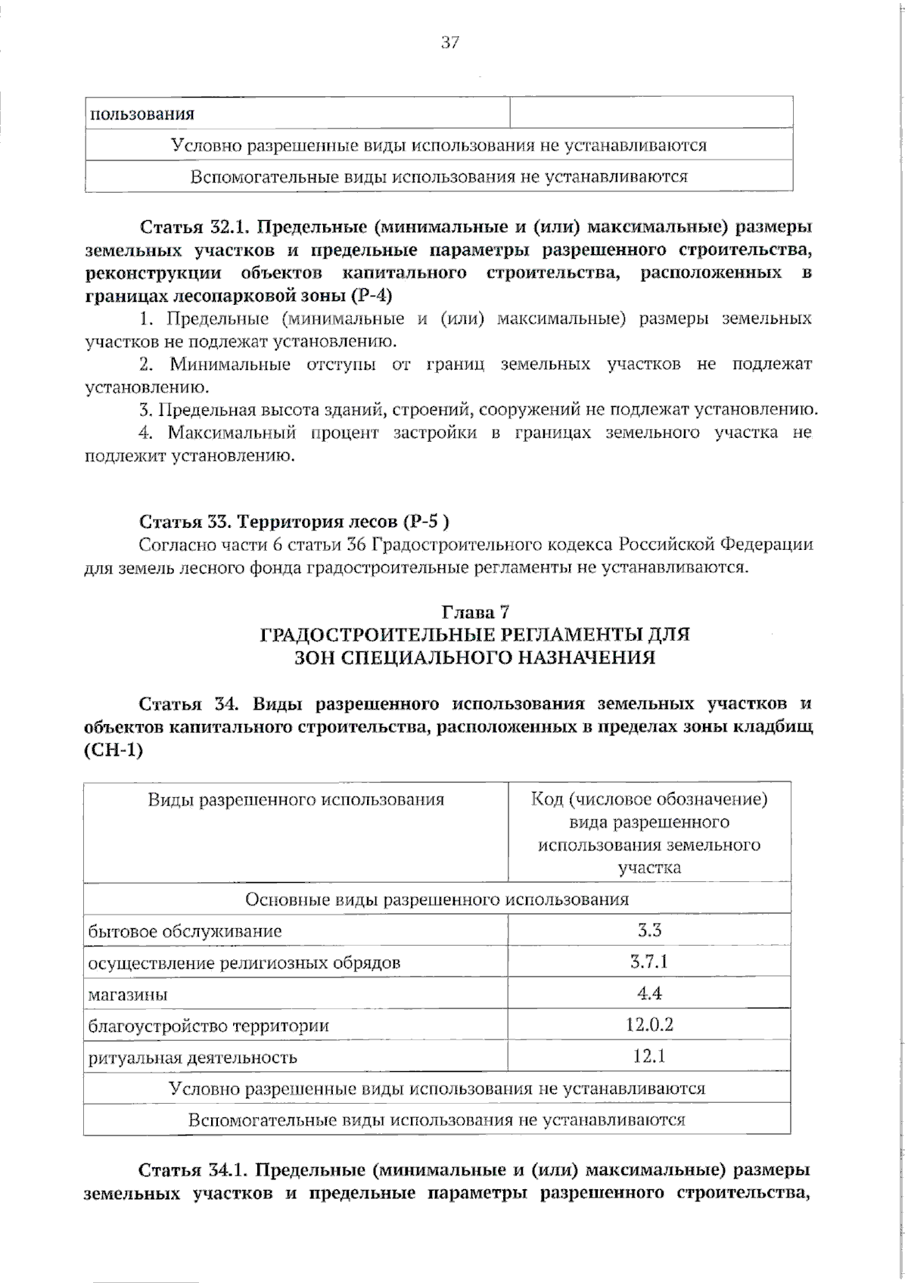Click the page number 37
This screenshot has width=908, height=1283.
click(449, 43)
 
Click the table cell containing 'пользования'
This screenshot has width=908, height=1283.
click(142, 114)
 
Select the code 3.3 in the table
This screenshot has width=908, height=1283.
click(649, 930)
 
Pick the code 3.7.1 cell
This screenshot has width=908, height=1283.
click(649, 962)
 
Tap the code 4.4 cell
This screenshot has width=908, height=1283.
click(649, 993)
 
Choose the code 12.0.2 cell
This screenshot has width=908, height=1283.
click(649, 1025)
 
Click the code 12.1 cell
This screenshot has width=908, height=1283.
click(649, 1056)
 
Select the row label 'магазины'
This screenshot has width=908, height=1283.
click(128, 995)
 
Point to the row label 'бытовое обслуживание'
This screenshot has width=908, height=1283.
click(185, 931)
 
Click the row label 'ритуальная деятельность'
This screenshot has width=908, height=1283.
click(192, 1058)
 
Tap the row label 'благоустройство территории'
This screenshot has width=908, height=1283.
click(208, 1027)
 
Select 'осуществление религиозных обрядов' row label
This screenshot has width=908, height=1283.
click(244, 963)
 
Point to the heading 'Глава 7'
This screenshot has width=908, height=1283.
click(475, 612)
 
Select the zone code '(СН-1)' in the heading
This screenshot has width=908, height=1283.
click(113, 750)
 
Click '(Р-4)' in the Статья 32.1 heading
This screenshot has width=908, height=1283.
click(371, 295)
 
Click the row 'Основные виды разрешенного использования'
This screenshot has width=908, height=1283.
click(437, 899)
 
